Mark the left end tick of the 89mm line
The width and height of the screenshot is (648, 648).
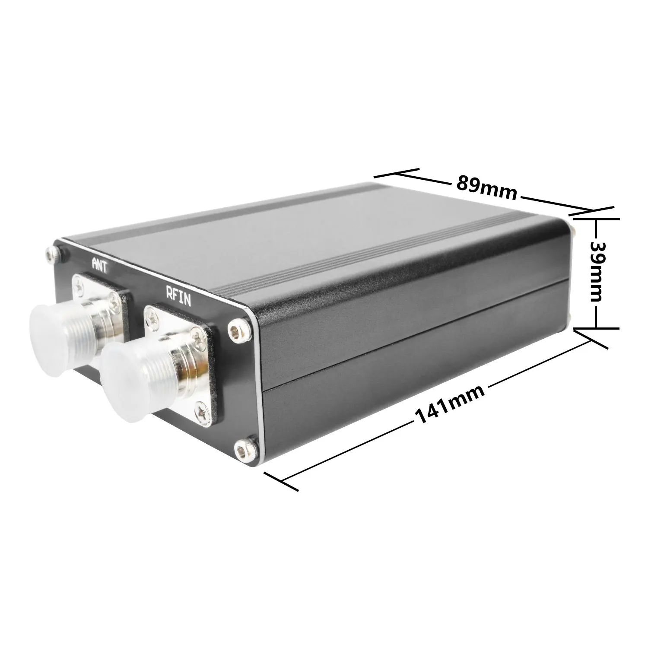pos(396,173)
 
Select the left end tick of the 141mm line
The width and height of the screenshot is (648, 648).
pos(281,481)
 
